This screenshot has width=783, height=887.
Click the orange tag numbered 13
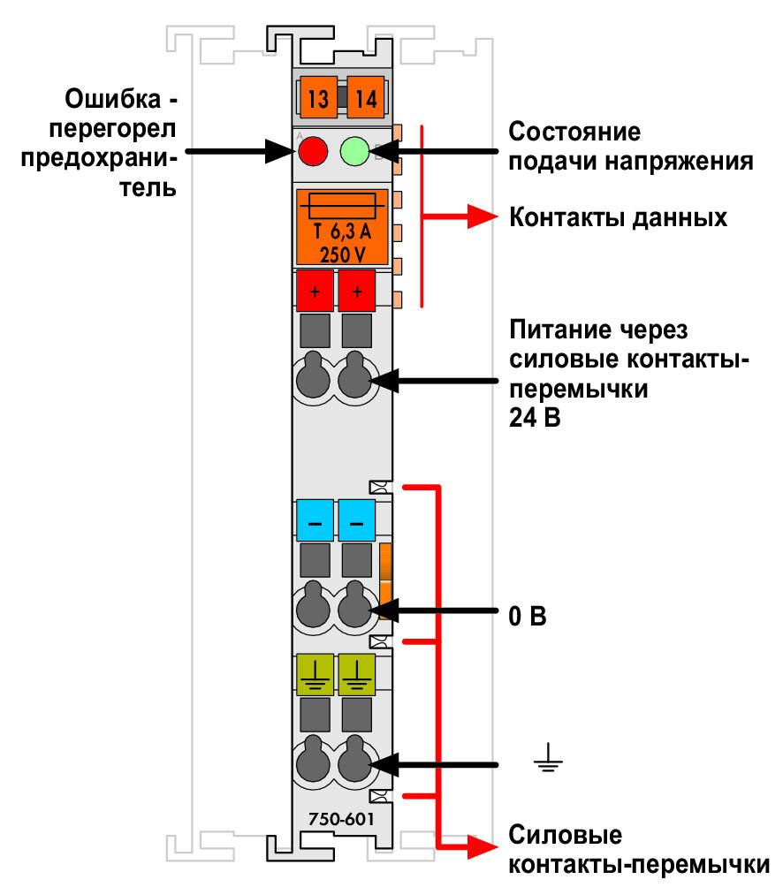tap(318, 97)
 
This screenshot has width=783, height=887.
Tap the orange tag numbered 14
tap(366, 97)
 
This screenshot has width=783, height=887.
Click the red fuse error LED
tap(313, 151)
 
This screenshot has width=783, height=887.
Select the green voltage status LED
tap(354, 151)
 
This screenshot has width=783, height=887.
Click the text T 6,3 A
tap(342, 231)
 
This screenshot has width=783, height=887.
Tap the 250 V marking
tap(342, 255)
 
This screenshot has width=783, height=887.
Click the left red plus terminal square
tap(315, 291)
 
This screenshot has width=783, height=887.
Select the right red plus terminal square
tap(357, 291)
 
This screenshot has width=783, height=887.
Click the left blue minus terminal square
tap(315, 520)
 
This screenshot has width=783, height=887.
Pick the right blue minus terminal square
tap(357, 520)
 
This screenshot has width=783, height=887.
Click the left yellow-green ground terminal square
tap(315, 675)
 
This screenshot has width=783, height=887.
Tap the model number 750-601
tap(341, 819)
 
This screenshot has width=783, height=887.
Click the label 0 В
tap(528, 616)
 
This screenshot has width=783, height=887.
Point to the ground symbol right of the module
tap(548, 757)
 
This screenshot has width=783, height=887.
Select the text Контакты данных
tap(618, 218)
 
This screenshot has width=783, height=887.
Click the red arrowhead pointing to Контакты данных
tap(482, 216)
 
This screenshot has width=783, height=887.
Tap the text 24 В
tap(535, 418)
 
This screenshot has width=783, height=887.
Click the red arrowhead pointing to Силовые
tap(482, 847)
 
